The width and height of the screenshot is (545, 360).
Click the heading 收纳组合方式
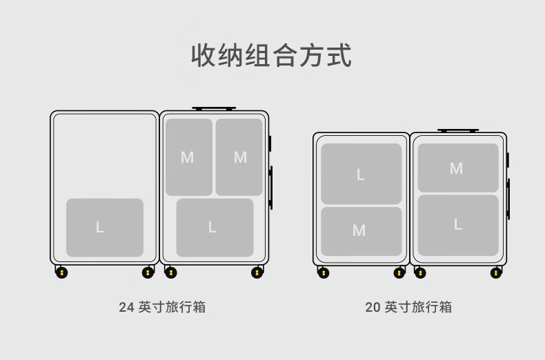pos(271,55)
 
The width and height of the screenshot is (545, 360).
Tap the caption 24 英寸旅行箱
pos(162,307)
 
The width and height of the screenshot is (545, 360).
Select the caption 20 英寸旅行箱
pos(408,307)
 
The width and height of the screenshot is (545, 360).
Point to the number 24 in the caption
pos(126,308)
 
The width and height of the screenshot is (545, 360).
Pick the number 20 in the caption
pos(373,308)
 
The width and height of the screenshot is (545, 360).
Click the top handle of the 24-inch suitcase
pos(214,109)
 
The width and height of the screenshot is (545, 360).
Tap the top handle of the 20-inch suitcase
pos(458,130)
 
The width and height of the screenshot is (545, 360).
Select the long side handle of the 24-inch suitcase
pos(270,188)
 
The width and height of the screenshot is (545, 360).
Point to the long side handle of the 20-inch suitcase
pos(508,199)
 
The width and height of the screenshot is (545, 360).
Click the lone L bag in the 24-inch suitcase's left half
pos(105,228)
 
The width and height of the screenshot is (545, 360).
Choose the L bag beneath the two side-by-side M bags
pos(215,228)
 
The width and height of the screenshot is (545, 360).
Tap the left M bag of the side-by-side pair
pos(189,157)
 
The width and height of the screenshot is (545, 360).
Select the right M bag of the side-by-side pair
pos(239,157)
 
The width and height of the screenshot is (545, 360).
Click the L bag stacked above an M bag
pos(361,174)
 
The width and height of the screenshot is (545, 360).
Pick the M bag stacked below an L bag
pos(361,232)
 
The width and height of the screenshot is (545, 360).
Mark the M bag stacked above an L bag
pos(458,168)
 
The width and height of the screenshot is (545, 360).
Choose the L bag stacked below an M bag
pos(458,226)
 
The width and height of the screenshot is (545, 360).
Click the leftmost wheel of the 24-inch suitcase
pos(61,273)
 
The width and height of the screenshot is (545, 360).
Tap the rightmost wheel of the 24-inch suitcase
pos(257,273)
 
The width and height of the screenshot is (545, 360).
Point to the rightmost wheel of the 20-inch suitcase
pos(496,273)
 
